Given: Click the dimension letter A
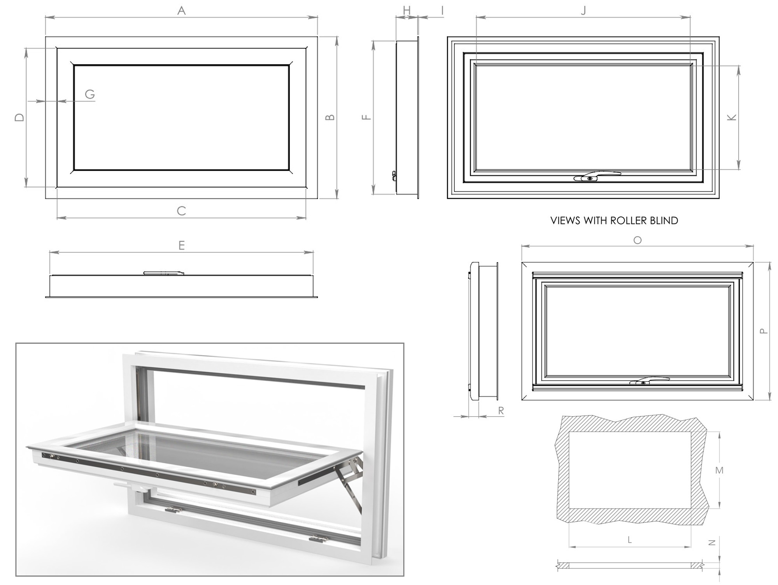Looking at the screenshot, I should point(181,11).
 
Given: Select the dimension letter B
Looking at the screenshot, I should point(330,117).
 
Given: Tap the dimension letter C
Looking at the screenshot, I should point(181,211).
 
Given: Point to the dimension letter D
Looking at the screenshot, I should point(19,117).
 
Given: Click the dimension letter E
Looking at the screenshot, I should point(181,245).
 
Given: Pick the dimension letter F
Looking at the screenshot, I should point(366,117).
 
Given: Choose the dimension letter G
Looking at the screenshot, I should point(90,94).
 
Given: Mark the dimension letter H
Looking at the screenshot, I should point(407,11).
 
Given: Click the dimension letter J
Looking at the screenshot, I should point(583,11).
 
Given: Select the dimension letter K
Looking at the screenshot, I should point(732,117).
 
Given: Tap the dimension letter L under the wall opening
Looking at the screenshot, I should point(629,539).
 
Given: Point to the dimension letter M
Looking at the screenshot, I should point(719,470).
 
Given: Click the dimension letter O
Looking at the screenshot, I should point(637,240).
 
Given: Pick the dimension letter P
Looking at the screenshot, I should point(764,331).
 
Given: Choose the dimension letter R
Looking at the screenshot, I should point(501,410).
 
